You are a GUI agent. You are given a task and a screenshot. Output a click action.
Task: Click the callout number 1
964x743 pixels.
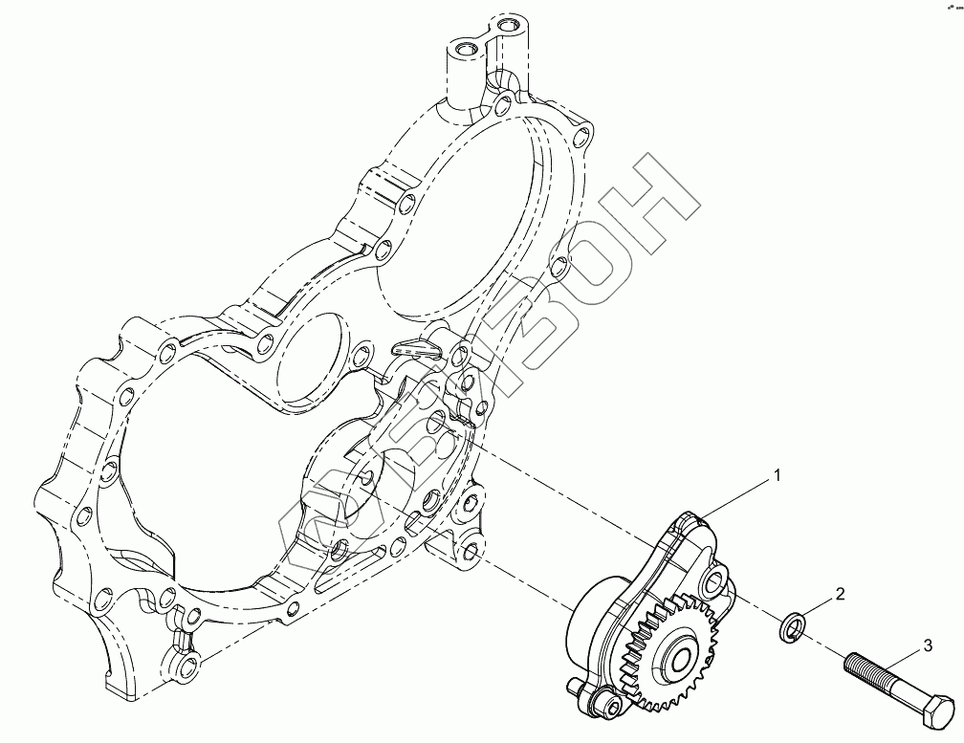[778, 475]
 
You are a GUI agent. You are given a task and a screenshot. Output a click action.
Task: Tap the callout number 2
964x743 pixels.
[841, 594]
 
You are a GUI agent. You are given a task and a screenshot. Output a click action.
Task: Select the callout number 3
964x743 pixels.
[928, 646]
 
